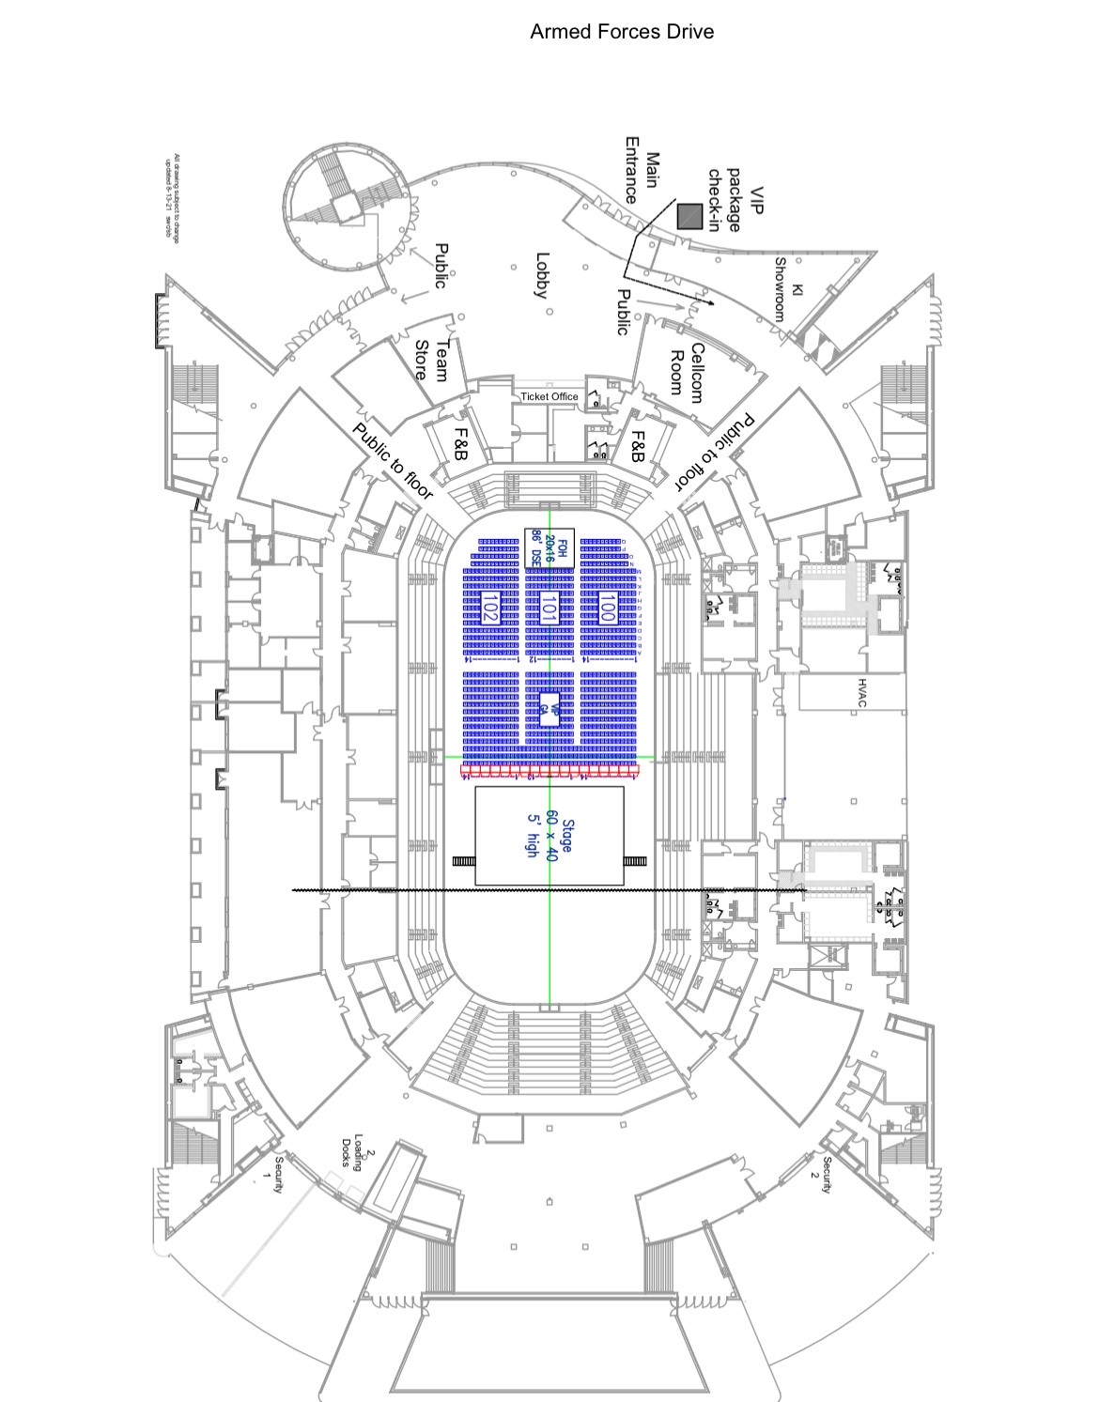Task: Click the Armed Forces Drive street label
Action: tap(621, 32)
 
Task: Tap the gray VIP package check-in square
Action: tap(689, 217)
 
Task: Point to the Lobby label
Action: tap(541, 275)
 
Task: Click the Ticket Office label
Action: tap(549, 396)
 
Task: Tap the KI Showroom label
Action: tap(787, 288)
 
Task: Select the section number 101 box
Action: tap(549, 607)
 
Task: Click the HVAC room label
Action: tap(861, 692)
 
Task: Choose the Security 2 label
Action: tap(820, 1175)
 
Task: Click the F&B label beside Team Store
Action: tap(462, 443)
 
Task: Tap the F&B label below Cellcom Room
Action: tap(638, 448)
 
